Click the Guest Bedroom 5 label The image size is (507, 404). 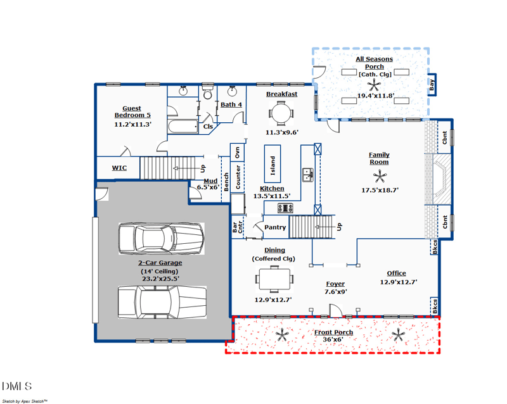click(132, 112)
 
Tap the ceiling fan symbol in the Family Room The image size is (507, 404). click(379, 177)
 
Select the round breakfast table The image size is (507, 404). click(281, 113)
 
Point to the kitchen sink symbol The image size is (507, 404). click(308, 175)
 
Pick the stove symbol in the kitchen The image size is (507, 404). click(285, 208)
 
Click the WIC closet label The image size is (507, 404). click(119, 168)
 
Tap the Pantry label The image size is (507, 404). click(275, 227)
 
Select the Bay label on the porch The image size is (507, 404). click(432, 85)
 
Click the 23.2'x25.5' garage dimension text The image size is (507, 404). click(160, 279)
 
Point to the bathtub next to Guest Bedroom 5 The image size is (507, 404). click(183, 127)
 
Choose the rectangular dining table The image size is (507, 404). click(274, 279)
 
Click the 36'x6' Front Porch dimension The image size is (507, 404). click(333, 339)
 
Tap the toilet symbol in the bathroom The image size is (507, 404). click(207, 92)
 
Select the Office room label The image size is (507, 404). click(397, 274)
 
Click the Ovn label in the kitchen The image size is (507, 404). click(238, 153)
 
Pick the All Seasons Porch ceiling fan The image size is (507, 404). click(374, 85)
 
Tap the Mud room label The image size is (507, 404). click(210, 181)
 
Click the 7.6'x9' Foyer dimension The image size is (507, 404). click(336, 291)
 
